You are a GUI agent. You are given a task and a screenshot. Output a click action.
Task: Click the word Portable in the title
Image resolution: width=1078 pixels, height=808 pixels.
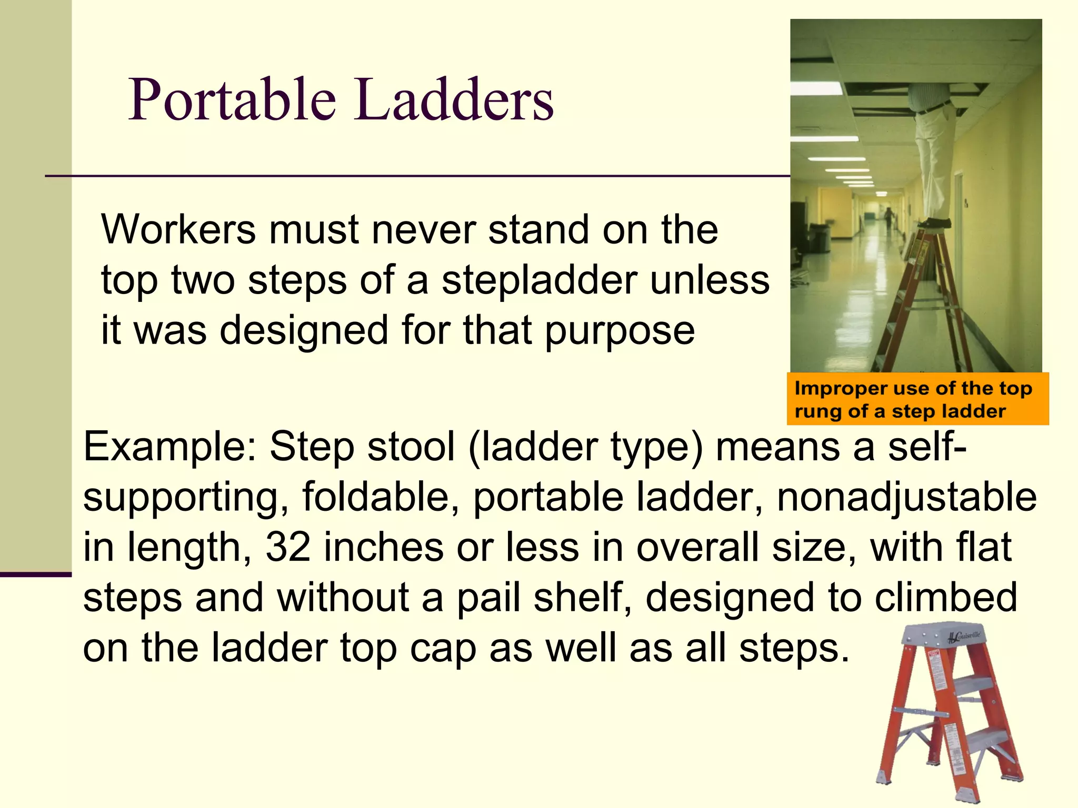click(232, 100)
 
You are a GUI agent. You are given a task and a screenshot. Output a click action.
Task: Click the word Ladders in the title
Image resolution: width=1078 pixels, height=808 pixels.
click(454, 100)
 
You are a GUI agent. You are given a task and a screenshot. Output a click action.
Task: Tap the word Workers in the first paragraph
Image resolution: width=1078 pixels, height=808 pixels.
click(178, 230)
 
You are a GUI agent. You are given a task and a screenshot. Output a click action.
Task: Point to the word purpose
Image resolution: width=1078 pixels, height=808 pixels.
click(620, 331)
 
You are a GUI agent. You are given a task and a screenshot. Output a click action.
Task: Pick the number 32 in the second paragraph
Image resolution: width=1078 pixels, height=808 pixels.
click(288, 548)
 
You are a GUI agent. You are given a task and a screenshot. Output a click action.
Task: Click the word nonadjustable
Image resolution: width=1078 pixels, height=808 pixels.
click(906, 497)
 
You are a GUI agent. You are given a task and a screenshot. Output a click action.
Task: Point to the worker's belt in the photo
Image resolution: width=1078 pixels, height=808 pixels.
click(934, 107)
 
